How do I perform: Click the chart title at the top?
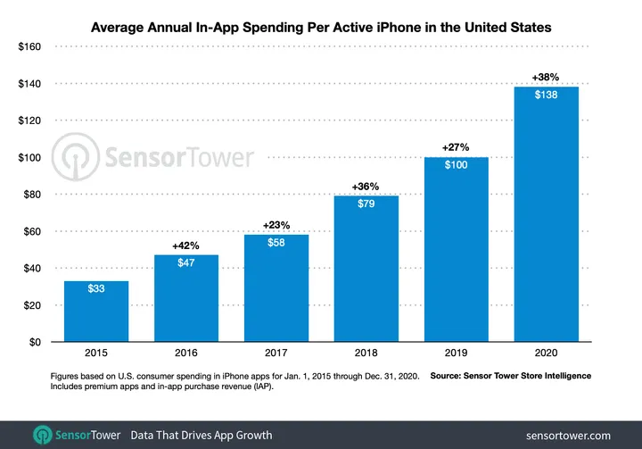point(321,28)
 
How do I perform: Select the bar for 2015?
point(95,312)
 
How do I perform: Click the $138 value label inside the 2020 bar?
point(547,96)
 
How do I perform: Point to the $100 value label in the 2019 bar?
point(457,167)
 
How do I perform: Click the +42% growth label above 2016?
point(185,244)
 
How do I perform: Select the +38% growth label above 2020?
point(547,76)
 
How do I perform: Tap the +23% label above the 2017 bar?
point(276,224)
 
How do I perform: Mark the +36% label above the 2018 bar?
point(366,186)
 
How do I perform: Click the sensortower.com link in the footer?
point(568,435)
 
